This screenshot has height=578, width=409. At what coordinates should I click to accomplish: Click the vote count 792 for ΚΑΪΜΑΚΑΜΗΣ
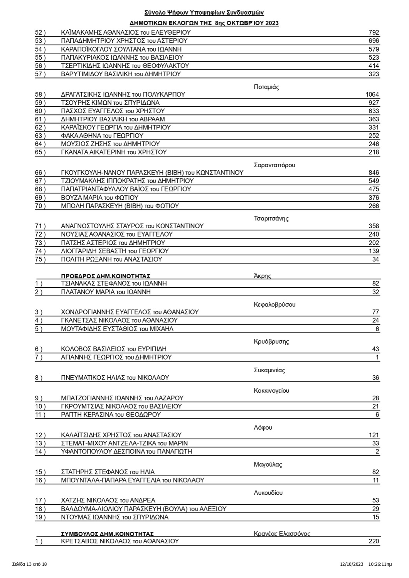374,32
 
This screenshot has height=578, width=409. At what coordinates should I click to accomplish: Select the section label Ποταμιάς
266,87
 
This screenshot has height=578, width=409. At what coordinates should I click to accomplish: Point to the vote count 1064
372,94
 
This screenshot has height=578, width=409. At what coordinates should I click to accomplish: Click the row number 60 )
40,111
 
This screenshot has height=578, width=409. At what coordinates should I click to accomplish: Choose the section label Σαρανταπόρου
274,165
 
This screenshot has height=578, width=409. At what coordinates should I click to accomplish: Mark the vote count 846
374,173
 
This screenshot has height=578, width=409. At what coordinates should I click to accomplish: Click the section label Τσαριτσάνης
271,218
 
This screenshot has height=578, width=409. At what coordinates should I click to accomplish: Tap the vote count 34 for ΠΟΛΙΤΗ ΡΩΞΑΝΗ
375,259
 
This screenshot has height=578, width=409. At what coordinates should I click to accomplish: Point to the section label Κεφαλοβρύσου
274,304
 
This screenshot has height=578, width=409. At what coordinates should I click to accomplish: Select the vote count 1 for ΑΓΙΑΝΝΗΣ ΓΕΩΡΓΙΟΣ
377,357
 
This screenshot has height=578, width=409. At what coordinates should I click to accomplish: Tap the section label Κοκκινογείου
271,390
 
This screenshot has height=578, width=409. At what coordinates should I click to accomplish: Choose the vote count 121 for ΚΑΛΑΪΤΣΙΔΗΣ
374,435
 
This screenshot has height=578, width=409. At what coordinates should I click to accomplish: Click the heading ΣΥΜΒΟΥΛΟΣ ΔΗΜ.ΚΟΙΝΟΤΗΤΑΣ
107,534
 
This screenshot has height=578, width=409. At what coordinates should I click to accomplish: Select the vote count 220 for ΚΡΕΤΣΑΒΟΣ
374,541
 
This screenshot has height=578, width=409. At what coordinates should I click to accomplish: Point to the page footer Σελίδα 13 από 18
29,564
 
